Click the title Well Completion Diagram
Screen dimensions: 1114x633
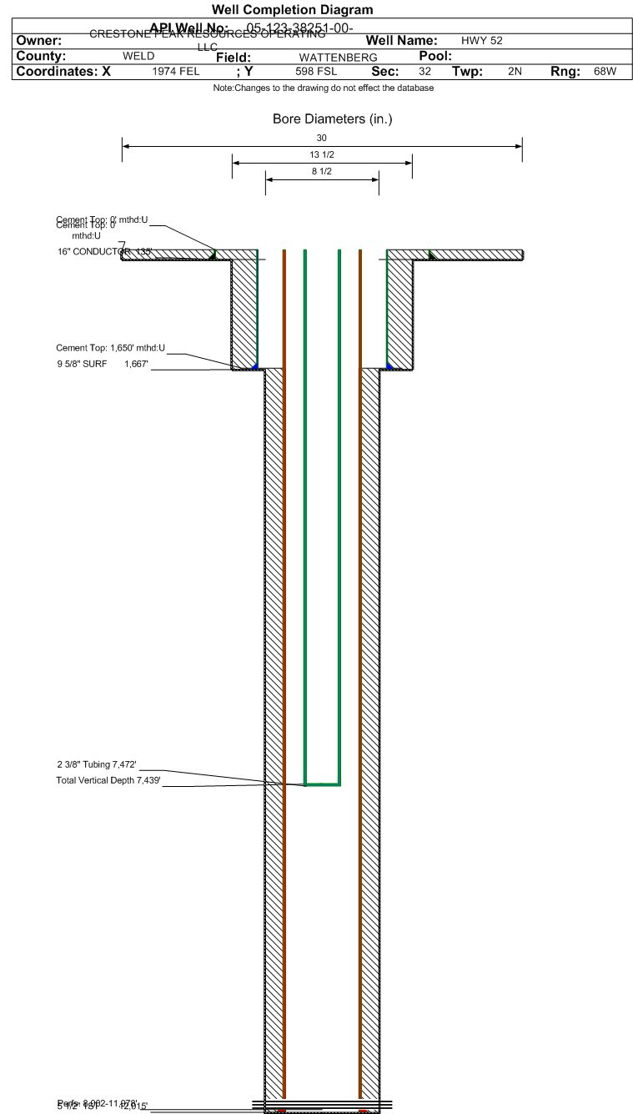tap(292, 9)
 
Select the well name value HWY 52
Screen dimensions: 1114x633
tap(481, 40)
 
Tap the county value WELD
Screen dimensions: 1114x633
tap(138, 56)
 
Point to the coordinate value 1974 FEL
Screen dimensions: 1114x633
tap(176, 72)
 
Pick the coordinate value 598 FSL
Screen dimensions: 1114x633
tap(316, 72)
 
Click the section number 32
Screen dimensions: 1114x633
tap(425, 72)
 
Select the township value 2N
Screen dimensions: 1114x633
tap(515, 72)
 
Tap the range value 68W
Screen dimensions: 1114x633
tap(605, 72)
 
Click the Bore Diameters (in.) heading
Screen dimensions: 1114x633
tap(332, 118)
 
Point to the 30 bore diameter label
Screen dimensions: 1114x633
tap(322, 138)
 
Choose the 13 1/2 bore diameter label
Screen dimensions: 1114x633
tap(322, 155)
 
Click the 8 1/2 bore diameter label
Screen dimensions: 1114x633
tap(322, 171)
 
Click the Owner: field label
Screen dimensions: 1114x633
tap(38, 40)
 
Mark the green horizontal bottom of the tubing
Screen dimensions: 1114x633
tap(322, 784)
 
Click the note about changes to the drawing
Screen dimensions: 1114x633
tap(323, 88)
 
